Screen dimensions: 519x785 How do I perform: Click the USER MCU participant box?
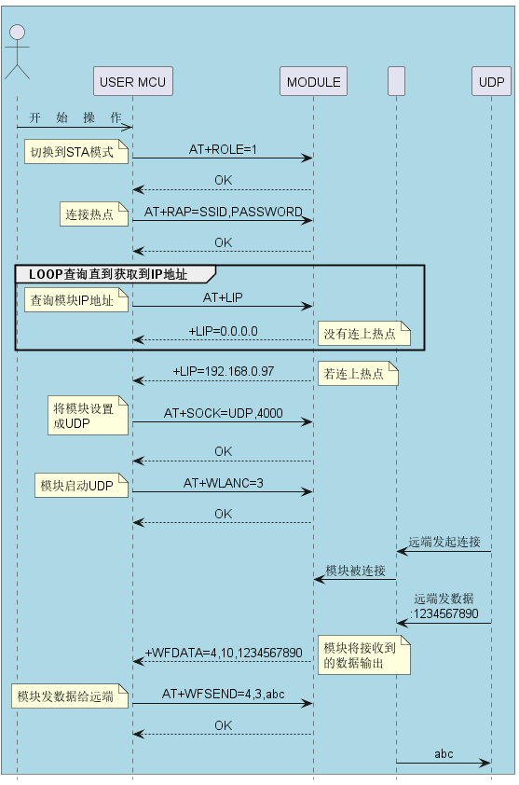(132, 81)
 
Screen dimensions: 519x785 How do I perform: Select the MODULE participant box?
(313, 81)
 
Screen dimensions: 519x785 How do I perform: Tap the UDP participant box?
(491, 81)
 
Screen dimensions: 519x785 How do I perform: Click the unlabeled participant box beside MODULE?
(396, 81)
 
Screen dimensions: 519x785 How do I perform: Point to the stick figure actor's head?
(18, 32)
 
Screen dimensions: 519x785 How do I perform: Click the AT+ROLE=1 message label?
(223, 149)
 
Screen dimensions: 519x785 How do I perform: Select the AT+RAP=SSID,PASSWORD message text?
(224, 212)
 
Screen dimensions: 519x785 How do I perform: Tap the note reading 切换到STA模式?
(76, 152)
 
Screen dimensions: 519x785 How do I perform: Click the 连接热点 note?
(94, 214)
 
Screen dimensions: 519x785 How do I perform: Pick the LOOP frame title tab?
(116, 274)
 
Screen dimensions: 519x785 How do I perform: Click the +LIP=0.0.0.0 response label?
(224, 331)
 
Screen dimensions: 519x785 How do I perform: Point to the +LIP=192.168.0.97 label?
(224, 371)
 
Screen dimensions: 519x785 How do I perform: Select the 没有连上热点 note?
(363, 334)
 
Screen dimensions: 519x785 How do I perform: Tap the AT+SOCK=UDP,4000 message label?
(224, 413)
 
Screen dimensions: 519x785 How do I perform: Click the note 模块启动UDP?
(81, 485)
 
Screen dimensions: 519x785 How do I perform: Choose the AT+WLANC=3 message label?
(224, 483)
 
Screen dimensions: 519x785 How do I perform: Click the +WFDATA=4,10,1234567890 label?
(224, 653)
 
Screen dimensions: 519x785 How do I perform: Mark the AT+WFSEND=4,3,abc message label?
(224, 694)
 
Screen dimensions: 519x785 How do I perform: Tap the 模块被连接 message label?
(355, 571)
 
